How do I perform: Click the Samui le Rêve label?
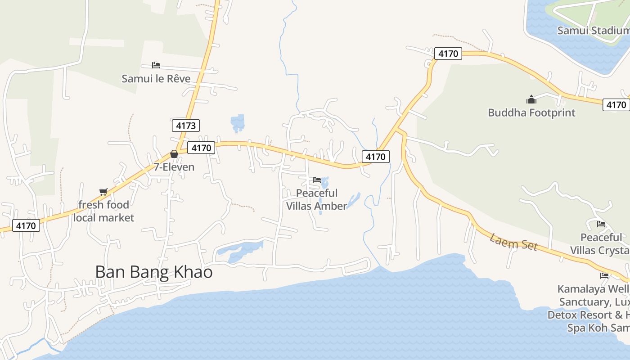point(156,79)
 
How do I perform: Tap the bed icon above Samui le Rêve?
point(156,65)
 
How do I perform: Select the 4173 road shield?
point(185,126)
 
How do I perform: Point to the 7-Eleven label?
point(174,167)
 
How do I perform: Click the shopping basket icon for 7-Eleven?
point(174,154)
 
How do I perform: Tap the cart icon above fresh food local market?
point(103,192)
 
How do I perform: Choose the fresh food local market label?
point(103,211)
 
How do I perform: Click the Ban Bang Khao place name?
point(154,272)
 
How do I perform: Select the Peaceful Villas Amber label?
point(317,199)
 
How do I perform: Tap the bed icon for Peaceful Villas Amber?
point(317,180)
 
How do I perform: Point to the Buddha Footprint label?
point(531,112)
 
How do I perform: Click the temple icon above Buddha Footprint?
point(531,99)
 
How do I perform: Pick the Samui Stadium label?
point(593,31)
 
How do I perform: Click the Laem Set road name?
point(513,242)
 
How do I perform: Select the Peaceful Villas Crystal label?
point(601,243)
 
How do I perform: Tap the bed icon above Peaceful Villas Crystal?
point(601,224)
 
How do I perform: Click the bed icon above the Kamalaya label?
point(604,276)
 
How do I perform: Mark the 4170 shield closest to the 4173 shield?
point(201,148)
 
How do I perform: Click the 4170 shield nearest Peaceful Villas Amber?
point(375,157)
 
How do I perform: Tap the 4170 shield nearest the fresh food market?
point(26,225)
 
